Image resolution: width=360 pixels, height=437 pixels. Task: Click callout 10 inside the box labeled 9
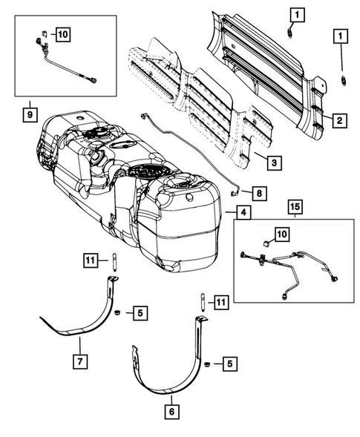pyautogui.click(x=60, y=34)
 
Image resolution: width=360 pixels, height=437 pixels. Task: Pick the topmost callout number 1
pyautogui.click(x=296, y=13)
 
